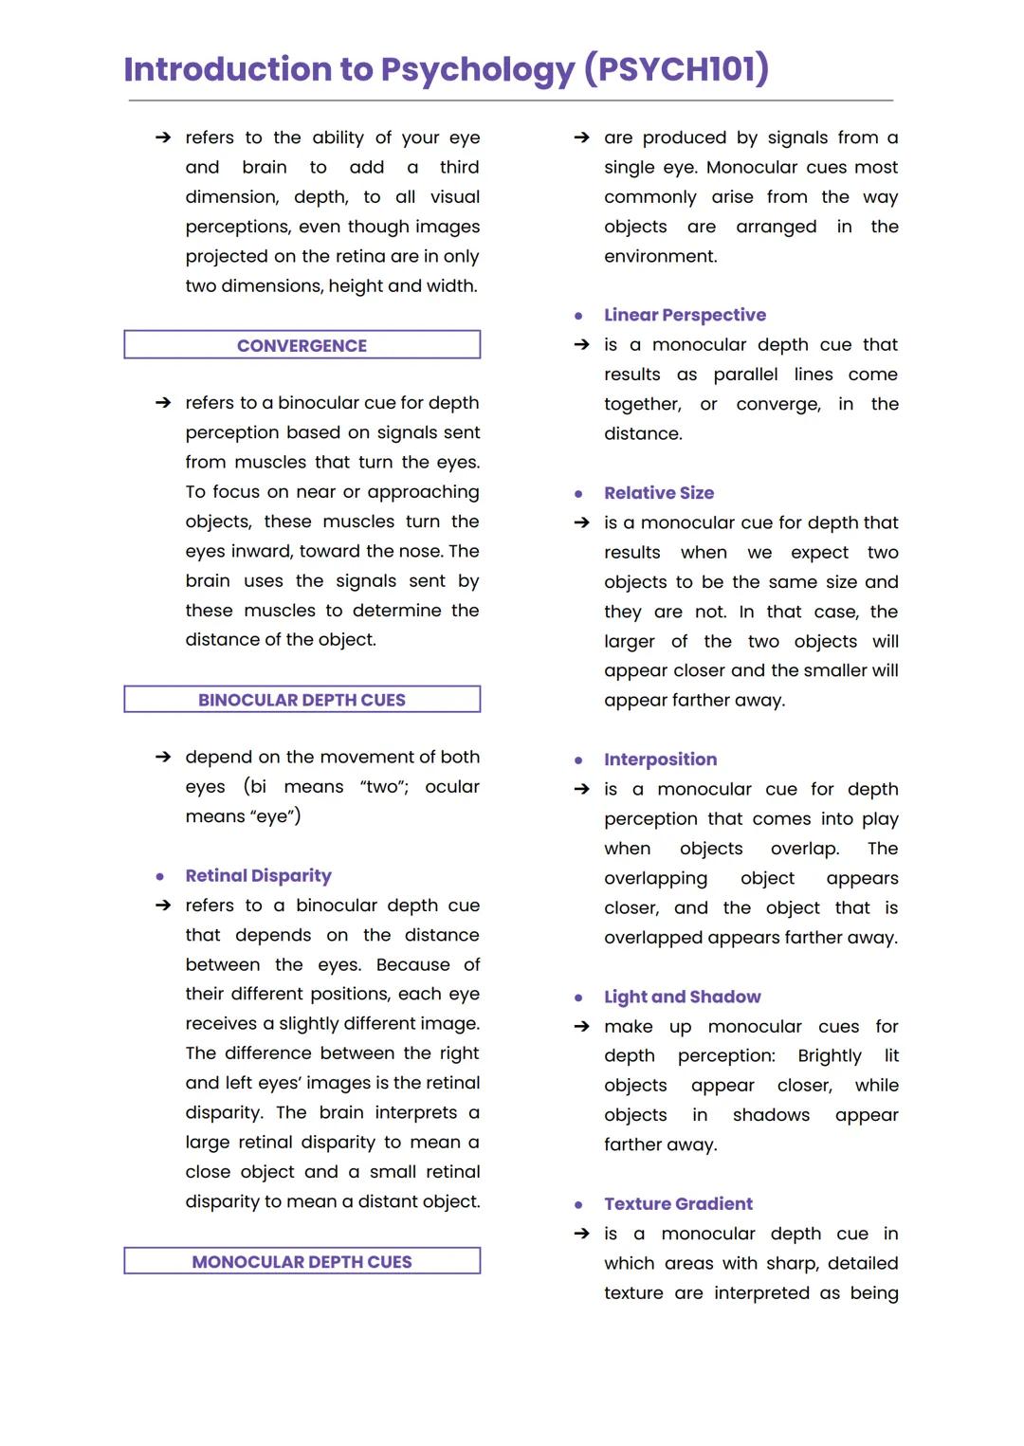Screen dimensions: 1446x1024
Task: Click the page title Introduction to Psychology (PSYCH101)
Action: [446, 69]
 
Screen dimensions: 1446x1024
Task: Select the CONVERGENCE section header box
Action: [302, 345]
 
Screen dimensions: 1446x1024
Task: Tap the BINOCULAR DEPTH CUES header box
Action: [302, 700]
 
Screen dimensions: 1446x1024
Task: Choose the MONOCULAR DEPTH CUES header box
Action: [302, 1261]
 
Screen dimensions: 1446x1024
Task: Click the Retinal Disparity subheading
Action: [258, 875]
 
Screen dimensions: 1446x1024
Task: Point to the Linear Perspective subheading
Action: [685, 315]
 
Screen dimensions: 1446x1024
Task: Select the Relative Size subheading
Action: [659, 493]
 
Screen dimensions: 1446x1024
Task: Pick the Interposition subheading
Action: [660, 760]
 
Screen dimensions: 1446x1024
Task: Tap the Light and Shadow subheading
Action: [682, 997]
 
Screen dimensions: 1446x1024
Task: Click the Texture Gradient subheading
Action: [678, 1203]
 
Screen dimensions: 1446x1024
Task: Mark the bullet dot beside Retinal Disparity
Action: [160, 877]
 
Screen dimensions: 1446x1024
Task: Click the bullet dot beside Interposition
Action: [578, 760]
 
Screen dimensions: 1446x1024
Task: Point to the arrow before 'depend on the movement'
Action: [163, 757]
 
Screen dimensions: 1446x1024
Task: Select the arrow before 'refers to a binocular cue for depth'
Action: [163, 403]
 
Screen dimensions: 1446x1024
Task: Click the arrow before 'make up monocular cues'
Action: [582, 1027]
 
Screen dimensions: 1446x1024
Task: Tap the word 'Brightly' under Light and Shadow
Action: [830, 1056]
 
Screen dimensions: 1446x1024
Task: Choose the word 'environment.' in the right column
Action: [660, 256]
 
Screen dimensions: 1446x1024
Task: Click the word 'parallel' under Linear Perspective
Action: [745, 375]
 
